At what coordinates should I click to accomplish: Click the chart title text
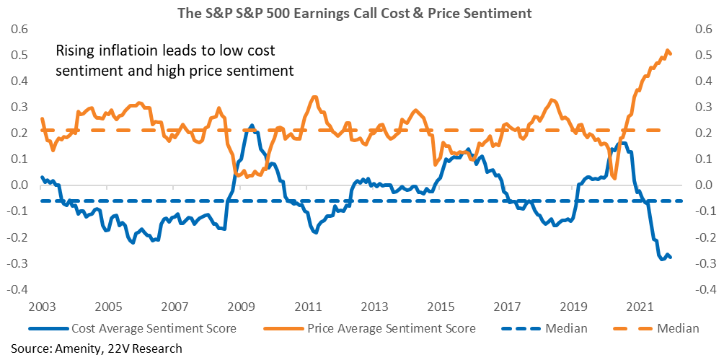coord(361,14)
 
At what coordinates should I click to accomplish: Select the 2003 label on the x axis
coord(41,307)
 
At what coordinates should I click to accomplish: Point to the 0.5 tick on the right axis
coord(704,56)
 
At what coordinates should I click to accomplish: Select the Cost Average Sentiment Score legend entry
coord(133,329)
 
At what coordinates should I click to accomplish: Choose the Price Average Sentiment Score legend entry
coord(369,329)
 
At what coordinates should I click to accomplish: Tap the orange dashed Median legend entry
coord(657,329)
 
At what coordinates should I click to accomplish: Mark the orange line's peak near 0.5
coord(667,50)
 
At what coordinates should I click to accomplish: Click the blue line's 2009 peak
coord(251,126)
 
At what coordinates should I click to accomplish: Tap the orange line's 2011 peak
coord(314,97)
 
